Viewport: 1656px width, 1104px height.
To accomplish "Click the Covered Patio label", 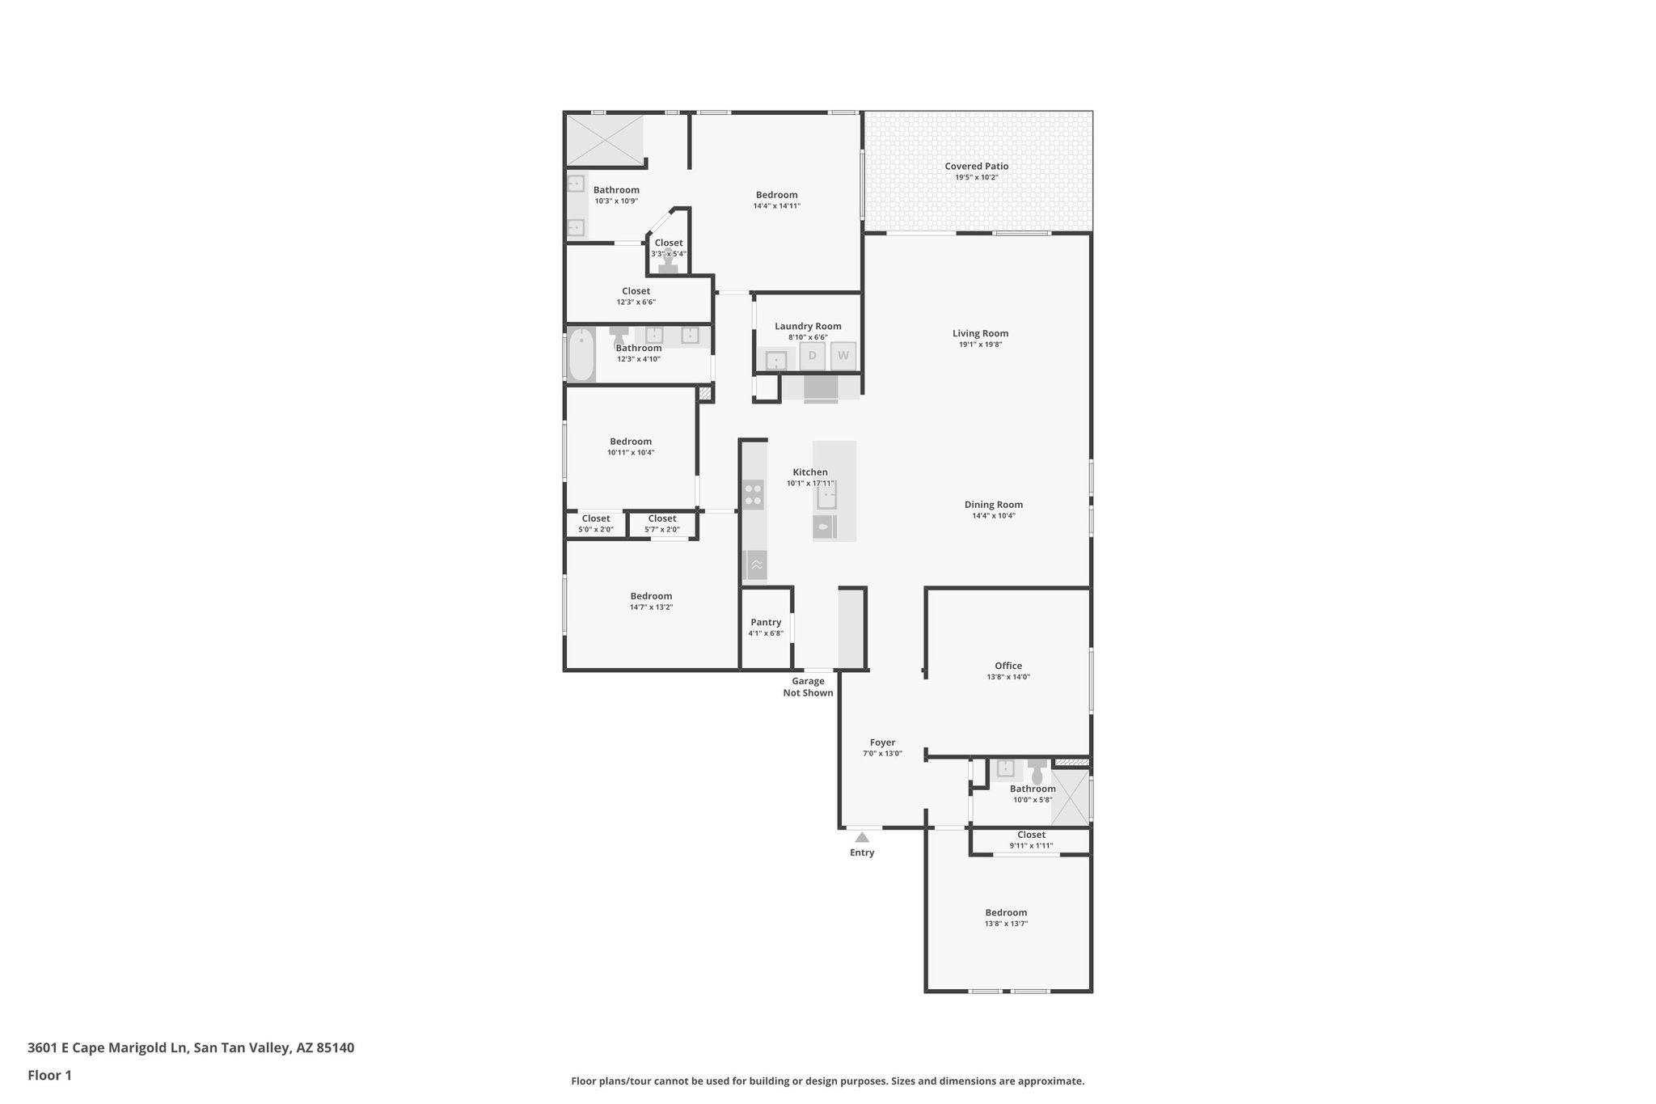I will click(976, 167).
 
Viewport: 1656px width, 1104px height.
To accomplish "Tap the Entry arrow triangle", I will click(862, 837).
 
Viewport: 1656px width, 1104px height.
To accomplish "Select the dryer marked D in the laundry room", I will click(812, 356).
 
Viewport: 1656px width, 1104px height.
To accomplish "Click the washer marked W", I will click(843, 356).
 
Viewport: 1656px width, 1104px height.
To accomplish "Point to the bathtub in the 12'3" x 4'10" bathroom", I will click(581, 355).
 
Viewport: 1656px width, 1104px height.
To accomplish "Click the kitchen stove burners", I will click(753, 494).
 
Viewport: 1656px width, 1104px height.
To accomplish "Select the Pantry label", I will click(765, 622).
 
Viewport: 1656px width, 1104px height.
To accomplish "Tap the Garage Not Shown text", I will click(808, 687).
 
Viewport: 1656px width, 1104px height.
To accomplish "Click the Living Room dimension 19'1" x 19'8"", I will click(980, 345).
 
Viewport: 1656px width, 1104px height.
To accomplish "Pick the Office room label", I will click(1008, 666).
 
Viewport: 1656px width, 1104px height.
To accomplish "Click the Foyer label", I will click(882, 742).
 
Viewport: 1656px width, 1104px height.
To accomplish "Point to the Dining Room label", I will click(993, 505).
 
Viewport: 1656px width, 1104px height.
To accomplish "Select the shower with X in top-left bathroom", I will click(605, 140).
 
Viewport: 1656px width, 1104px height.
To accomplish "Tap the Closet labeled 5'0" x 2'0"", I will click(596, 518).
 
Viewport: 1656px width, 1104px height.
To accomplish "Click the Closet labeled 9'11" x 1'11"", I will click(1031, 835).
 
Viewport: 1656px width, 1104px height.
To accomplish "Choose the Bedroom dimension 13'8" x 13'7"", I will click(1006, 924).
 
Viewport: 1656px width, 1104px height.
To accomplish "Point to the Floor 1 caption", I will click(49, 1075).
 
